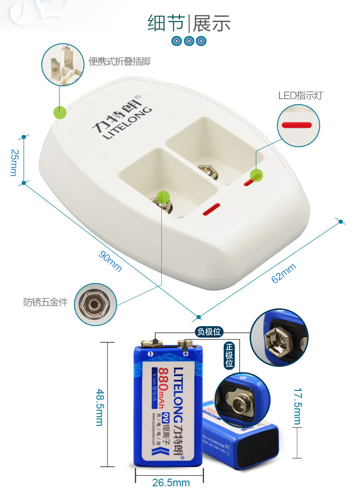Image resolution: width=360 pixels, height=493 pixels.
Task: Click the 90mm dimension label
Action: [x=110, y=261]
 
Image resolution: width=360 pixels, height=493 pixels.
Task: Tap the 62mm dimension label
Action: [x=284, y=273]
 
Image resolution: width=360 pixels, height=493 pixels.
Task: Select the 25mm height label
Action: [x=13, y=162]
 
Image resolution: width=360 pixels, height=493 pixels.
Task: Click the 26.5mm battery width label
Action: [x=171, y=482]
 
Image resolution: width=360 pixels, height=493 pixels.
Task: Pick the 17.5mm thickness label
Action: [x=298, y=407]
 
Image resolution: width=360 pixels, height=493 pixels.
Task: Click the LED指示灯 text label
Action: [x=300, y=95]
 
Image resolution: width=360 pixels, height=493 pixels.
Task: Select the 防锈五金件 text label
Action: [x=46, y=303]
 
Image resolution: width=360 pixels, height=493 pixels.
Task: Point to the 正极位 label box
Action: [x=229, y=355]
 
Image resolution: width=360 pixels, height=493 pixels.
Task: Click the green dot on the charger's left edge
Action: [x=60, y=112]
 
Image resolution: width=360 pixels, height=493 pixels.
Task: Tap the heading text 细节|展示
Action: [x=189, y=23]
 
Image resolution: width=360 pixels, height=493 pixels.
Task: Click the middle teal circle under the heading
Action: [x=189, y=41]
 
